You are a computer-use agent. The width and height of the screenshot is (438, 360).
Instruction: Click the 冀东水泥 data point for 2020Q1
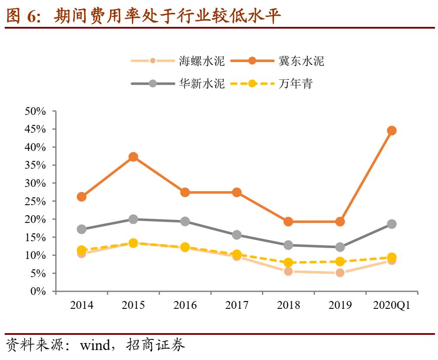(392, 131)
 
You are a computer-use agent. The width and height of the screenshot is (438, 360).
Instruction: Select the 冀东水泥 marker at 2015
(133, 157)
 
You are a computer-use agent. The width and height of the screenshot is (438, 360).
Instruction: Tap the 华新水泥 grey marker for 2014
(82, 229)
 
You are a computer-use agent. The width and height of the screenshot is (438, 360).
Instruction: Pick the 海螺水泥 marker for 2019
(340, 273)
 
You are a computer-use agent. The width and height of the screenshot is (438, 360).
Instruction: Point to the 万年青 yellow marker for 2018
(288, 262)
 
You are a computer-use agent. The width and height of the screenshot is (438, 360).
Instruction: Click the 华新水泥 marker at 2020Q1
(392, 224)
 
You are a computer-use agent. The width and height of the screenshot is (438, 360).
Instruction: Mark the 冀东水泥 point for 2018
(288, 222)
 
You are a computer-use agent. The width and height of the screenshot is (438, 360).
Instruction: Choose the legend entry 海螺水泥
(202, 61)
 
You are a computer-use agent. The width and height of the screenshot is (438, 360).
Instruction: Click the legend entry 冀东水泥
(301, 61)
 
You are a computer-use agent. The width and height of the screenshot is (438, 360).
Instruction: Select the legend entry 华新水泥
(202, 83)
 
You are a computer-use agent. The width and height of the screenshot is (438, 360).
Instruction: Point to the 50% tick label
(36, 111)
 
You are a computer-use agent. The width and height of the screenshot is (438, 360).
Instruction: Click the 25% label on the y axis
(36, 201)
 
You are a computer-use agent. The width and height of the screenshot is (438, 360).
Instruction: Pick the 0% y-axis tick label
(38, 291)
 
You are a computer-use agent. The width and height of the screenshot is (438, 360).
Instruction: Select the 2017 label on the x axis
(236, 305)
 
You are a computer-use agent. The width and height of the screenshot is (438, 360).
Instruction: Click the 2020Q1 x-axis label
(392, 305)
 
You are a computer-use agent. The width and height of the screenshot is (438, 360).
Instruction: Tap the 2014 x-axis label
(82, 305)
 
